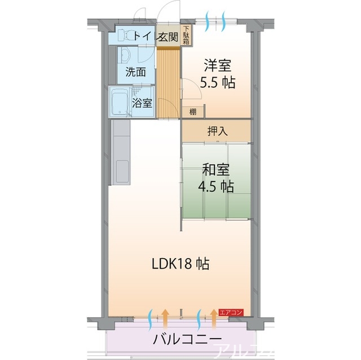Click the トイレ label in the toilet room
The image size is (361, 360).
142,37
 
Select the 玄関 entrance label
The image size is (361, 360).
168,37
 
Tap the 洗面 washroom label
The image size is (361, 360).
135,72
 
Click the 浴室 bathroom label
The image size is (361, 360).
142,103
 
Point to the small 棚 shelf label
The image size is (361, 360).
193,111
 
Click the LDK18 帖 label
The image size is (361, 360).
180,263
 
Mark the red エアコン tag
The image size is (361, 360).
231,312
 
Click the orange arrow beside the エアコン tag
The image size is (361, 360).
214,319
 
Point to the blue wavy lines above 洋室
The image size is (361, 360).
218,21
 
